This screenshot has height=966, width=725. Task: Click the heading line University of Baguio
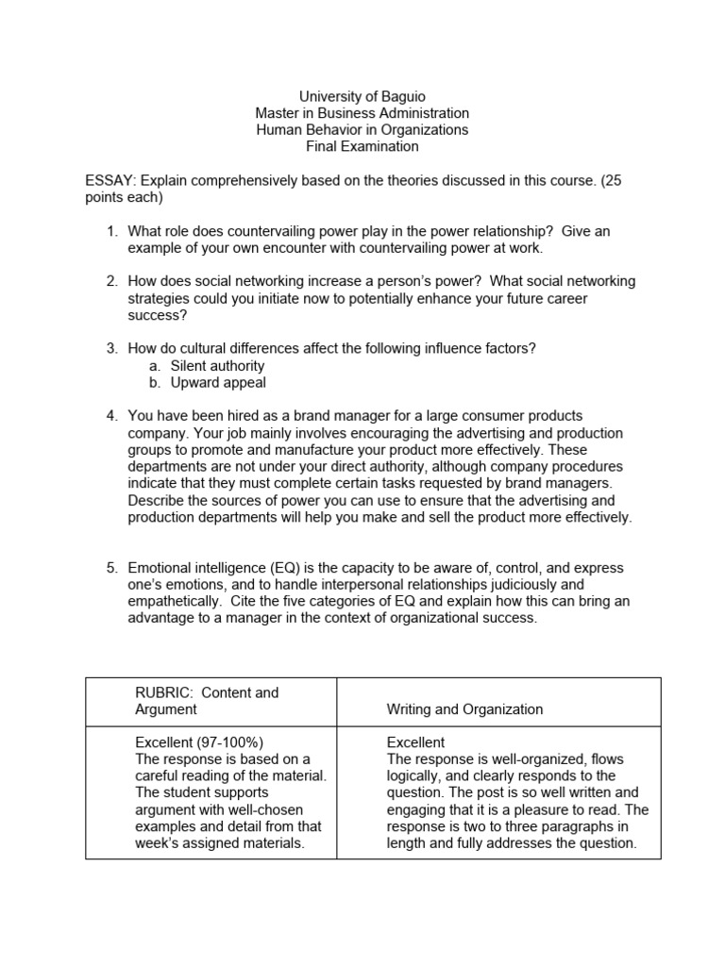point(362,96)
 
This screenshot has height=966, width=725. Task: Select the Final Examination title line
point(362,146)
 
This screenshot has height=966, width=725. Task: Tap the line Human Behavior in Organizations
point(362,129)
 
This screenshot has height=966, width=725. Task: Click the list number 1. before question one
point(111,231)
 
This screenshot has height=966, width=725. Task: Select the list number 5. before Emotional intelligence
point(111,568)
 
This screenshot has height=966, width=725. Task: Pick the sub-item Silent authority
point(217,365)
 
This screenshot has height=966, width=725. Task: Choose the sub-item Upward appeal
point(218,382)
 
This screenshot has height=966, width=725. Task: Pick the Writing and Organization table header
point(464,709)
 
